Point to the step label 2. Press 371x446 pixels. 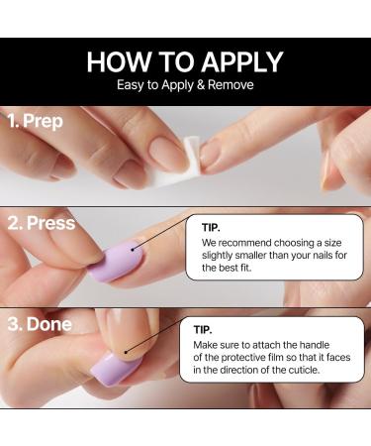(x=42, y=223)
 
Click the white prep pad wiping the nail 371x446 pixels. (x=209, y=152)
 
